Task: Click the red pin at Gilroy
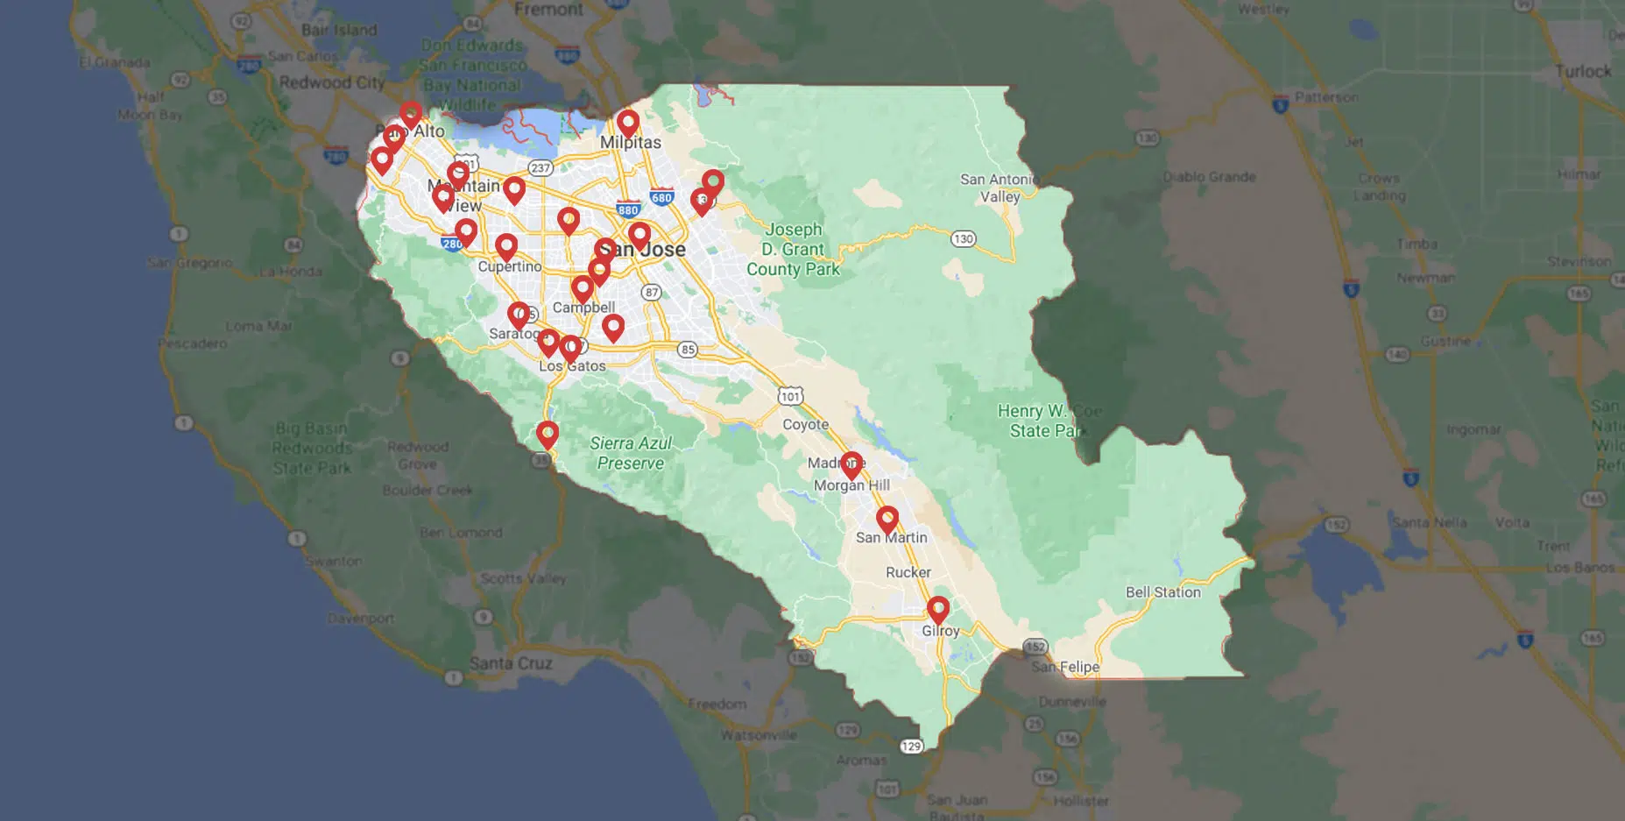coord(938,609)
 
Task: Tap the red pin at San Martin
coord(887,519)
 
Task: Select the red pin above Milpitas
coord(627,124)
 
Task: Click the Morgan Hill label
coord(851,485)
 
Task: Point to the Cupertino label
coord(510,266)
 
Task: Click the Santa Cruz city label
coord(511,663)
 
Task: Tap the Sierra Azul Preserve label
coord(631,453)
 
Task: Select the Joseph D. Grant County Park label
coord(793,249)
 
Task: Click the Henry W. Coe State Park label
coord(1048,421)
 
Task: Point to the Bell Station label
coord(1162,592)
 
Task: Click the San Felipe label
coord(1065,667)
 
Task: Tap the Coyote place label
coord(805,425)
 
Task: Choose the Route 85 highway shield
coord(688,350)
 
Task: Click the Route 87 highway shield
coord(651,292)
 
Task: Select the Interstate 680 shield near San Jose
coord(662,196)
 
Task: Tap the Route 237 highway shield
coord(540,167)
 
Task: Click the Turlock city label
coord(1582,72)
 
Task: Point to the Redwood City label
coord(332,82)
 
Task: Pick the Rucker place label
coord(908,572)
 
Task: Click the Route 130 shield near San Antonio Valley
coord(964,238)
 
